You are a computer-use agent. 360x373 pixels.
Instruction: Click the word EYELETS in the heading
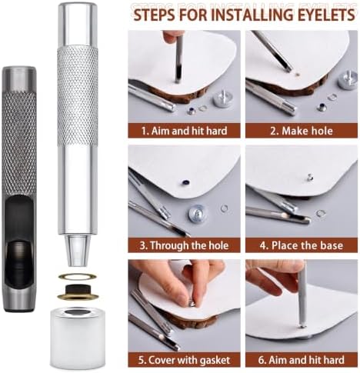pyautogui.click(x=325, y=15)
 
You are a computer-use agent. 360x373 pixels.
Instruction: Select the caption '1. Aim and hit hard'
pyautogui.click(x=185, y=131)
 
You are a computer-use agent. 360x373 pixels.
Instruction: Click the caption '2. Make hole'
pyautogui.click(x=302, y=131)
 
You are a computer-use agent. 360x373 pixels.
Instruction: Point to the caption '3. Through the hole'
pyautogui.click(x=184, y=245)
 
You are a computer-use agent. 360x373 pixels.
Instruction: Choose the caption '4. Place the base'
pyautogui.click(x=302, y=245)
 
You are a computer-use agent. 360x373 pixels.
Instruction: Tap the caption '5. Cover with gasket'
pyautogui.click(x=184, y=360)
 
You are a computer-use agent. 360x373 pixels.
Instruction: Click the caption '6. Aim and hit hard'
pyautogui.click(x=302, y=360)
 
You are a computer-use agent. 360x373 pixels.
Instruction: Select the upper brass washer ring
pyautogui.click(x=77, y=276)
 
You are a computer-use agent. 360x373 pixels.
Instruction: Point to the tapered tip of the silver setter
pyautogui.click(x=78, y=251)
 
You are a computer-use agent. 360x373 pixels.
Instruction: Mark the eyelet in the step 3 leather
pyautogui.click(x=186, y=182)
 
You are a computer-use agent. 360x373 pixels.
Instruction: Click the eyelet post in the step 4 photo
pyautogui.click(x=310, y=177)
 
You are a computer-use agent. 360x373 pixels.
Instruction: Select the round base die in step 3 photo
pyautogui.click(x=198, y=213)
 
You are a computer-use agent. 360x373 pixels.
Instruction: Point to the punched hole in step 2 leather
pyautogui.click(x=297, y=75)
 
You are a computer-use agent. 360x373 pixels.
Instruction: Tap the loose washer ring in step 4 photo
pyautogui.click(x=321, y=213)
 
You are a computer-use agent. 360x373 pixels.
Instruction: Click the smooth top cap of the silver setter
pyautogui.click(x=78, y=25)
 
